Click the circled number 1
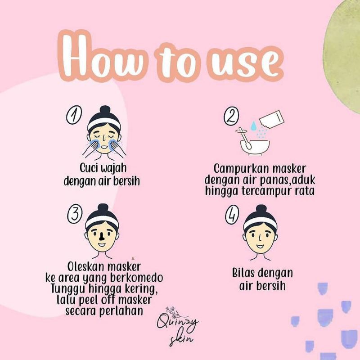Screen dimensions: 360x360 pyautogui.click(x=74, y=115)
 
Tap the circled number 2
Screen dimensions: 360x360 pyautogui.click(x=231, y=117)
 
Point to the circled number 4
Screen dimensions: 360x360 pyautogui.click(x=232, y=216)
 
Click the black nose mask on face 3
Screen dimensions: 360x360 pyautogui.click(x=101, y=237)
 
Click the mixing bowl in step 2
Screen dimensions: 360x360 pyautogui.click(x=255, y=147)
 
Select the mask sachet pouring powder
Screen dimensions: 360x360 pyautogui.click(x=272, y=120)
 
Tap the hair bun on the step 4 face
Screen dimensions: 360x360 pyautogui.click(x=261, y=209)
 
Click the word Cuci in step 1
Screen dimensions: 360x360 pyautogui.click(x=87, y=168)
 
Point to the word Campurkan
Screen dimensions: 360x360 pyautogui.click(x=240, y=170)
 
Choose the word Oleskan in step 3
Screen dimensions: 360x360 pyautogui.click(x=86, y=267)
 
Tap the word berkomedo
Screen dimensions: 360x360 pyautogui.click(x=137, y=278)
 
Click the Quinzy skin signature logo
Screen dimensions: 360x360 pyautogui.click(x=178, y=326)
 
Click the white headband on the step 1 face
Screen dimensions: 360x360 pyautogui.click(x=104, y=123)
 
